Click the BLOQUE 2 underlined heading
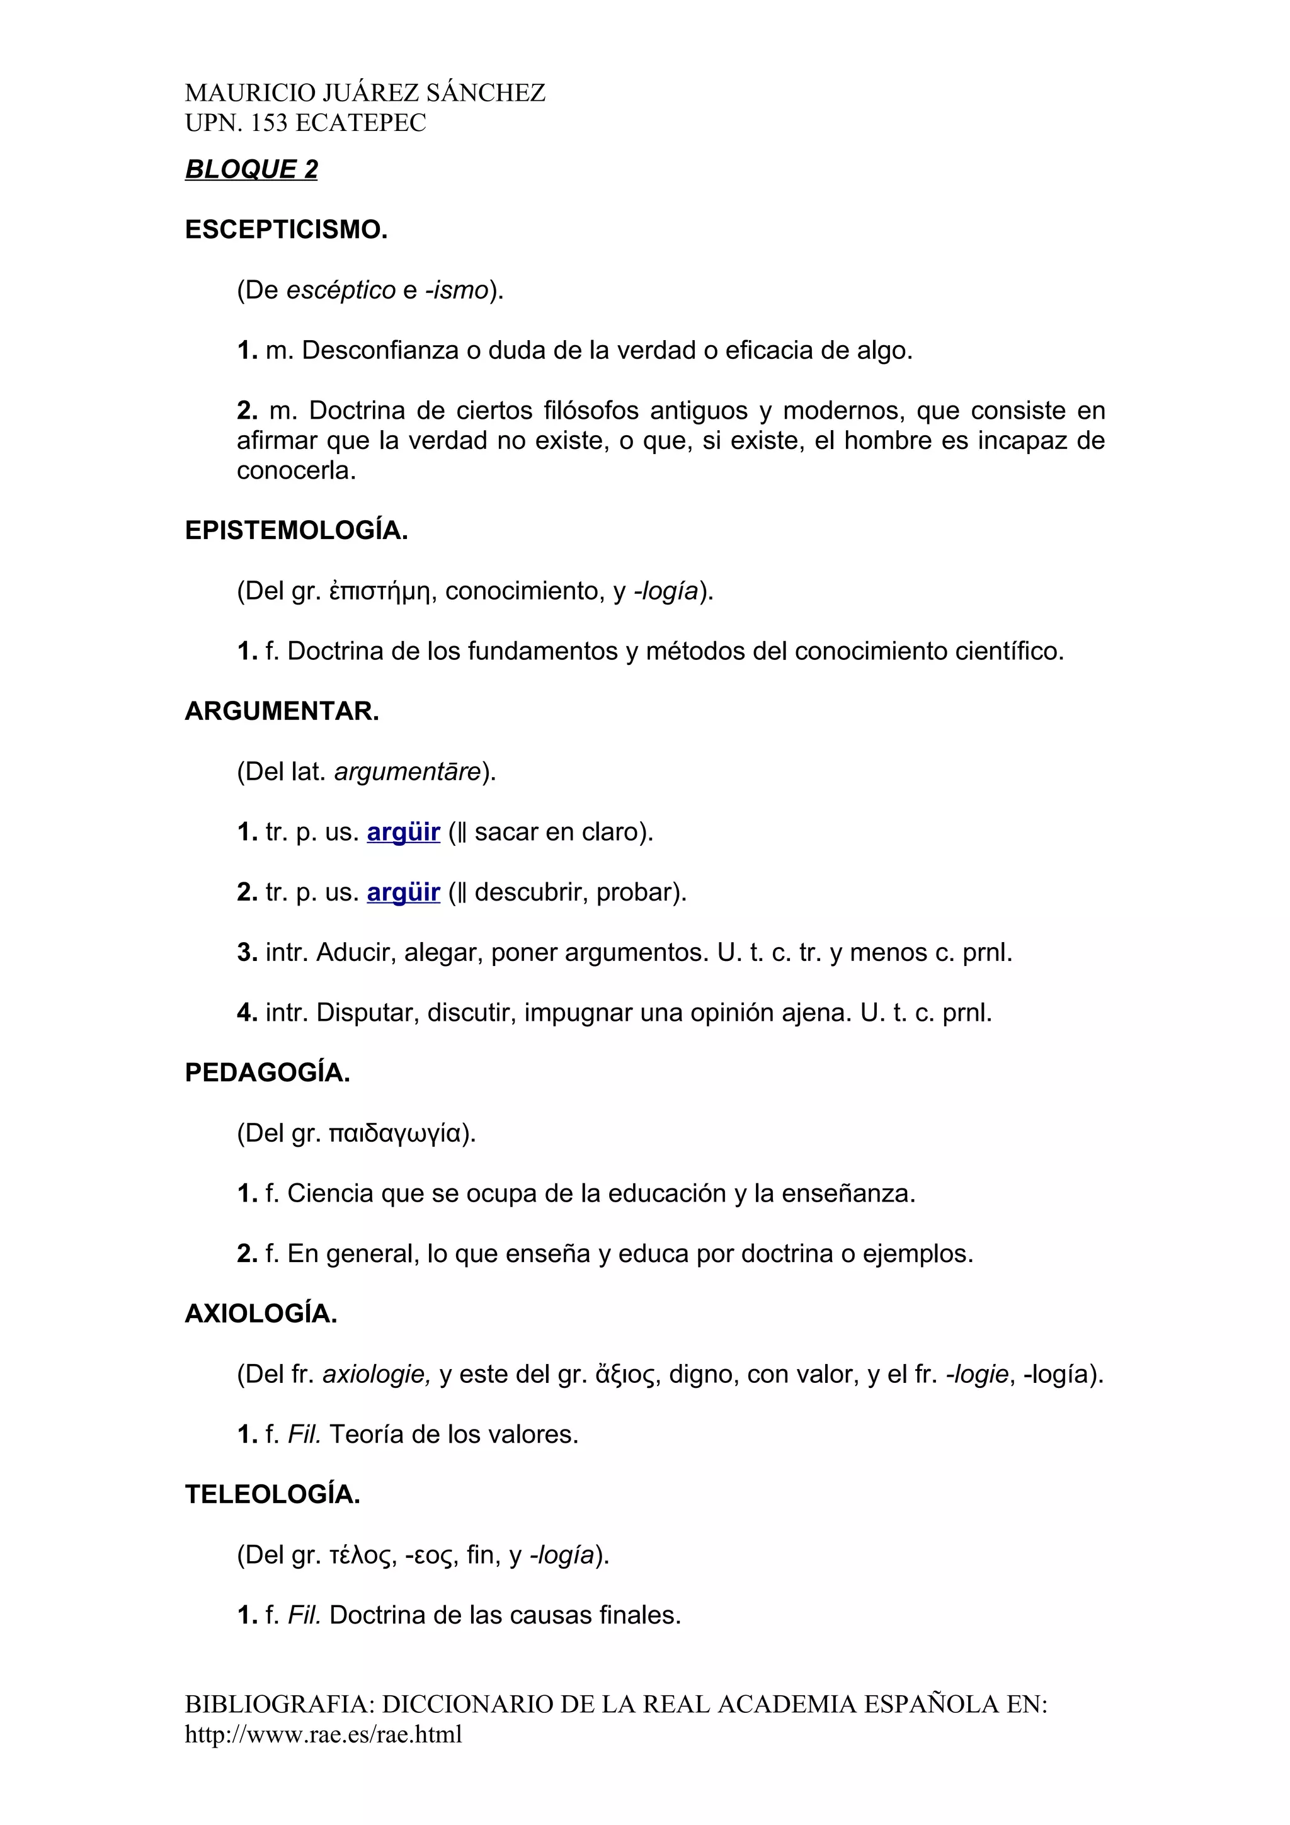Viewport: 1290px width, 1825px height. coord(251,169)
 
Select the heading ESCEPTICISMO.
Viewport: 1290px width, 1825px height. coord(286,230)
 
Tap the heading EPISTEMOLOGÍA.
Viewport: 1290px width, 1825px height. coord(297,530)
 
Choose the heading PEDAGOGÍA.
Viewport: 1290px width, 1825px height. coord(268,1072)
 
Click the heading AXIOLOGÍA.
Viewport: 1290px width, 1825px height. coord(261,1313)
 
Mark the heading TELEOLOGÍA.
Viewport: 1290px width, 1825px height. coord(273,1494)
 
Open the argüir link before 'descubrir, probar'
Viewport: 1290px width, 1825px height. coord(403,892)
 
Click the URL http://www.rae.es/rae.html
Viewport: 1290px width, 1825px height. coord(324,1734)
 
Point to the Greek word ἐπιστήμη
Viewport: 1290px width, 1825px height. coord(379,591)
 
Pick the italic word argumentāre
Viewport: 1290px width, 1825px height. coord(408,772)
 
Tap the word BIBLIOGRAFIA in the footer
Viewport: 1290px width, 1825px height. coord(279,1703)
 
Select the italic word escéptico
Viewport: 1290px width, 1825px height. coord(341,290)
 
